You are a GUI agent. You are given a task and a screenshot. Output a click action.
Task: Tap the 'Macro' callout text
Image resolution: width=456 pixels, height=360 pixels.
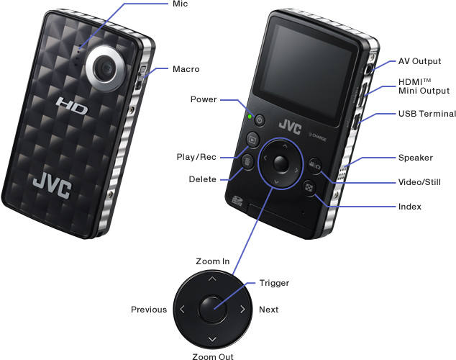click(x=186, y=69)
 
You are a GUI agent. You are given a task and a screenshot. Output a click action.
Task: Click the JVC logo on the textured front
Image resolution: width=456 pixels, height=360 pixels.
click(x=51, y=186)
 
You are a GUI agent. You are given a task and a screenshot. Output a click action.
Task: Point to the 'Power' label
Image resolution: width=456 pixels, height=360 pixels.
click(x=204, y=99)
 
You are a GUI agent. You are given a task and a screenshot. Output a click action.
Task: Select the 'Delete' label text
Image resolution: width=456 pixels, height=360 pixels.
click(x=202, y=179)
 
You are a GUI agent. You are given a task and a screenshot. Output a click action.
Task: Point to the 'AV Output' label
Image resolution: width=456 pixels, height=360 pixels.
click(x=419, y=62)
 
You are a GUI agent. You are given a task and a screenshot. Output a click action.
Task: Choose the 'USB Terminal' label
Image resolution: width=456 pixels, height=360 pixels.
click(x=427, y=114)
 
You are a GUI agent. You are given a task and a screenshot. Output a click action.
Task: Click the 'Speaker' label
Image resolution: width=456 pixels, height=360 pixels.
click(x=416, y=158)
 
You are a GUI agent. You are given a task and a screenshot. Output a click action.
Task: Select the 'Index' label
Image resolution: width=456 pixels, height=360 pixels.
click(x=409, y=207)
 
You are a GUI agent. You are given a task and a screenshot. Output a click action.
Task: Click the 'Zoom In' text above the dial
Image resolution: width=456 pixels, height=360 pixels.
click(x=212, y=261)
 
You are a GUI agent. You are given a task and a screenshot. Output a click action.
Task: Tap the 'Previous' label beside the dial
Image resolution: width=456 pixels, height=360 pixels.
click(x=149, y=310)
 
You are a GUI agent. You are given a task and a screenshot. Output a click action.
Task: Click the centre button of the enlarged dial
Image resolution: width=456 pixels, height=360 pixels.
click(x=212, y=310)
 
